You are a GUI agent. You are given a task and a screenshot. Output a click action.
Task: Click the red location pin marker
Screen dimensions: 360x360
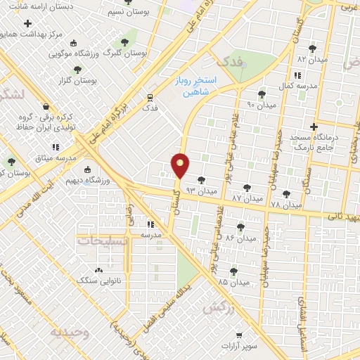click(x=181, y=167)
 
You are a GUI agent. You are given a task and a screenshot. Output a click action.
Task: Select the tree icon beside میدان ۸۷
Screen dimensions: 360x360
click(x=247, y=188)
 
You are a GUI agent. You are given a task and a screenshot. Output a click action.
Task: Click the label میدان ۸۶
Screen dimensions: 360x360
click(x=239, y=238)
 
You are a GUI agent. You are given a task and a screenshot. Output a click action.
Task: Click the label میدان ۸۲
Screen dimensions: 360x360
click(x=314, y=59)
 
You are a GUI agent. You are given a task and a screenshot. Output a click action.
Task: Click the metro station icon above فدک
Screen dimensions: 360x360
click(x=149, y=97)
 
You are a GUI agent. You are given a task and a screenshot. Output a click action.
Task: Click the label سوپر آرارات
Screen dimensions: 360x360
click(x=241, y=346)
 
